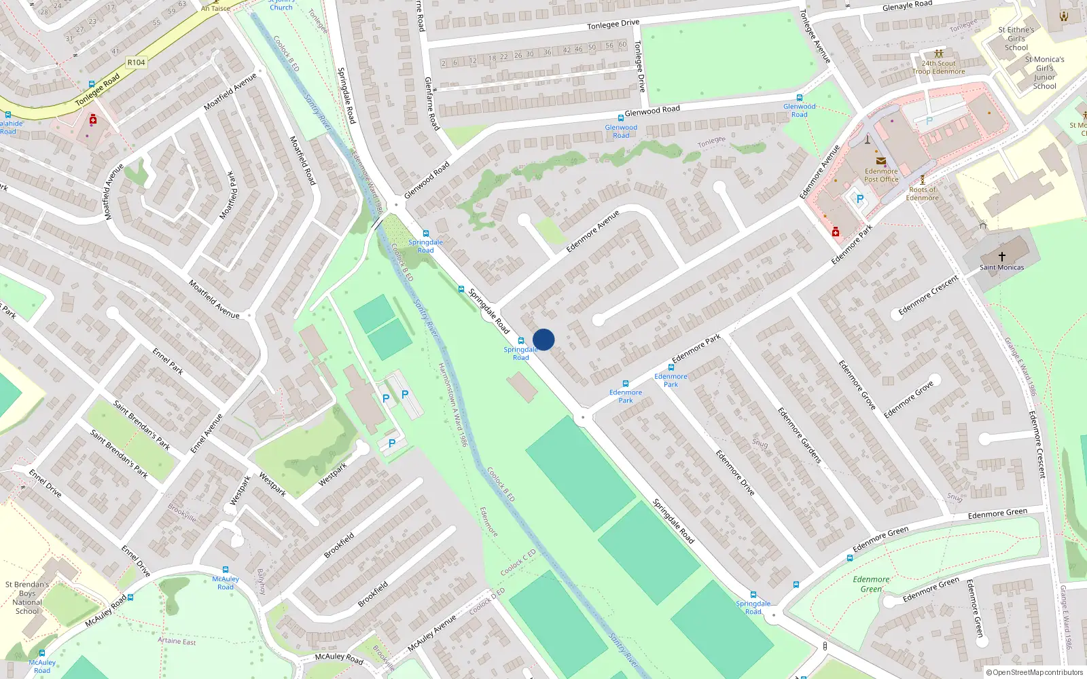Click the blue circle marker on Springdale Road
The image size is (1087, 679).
[x=543, y=339]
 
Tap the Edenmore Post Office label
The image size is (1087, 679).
[x=881, y=175]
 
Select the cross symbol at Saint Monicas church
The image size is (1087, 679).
[x=1001, y=256]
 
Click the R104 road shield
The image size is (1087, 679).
[x=136, y=62]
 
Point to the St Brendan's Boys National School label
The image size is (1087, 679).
[x=27, y=598]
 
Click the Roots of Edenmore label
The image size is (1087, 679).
[x=922, y=194]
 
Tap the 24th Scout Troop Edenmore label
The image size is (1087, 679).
[x=938, y=67]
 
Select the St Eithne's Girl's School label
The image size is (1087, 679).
[x=1016, y=39]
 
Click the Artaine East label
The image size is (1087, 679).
[x=177, y=641]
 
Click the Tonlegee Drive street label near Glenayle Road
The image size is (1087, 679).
[x=613, y=24]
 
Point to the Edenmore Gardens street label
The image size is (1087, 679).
[x=799, y=435]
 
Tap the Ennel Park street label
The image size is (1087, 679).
[x=167, y=361]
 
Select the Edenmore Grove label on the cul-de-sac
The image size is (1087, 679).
[x=908, y=399]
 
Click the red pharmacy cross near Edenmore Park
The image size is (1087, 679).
[x=836, y=232]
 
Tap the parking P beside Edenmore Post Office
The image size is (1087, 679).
[x=859, y=199]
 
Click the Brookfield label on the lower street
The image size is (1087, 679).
[x=373, y=594]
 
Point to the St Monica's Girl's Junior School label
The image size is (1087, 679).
[x=1044, y=73]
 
